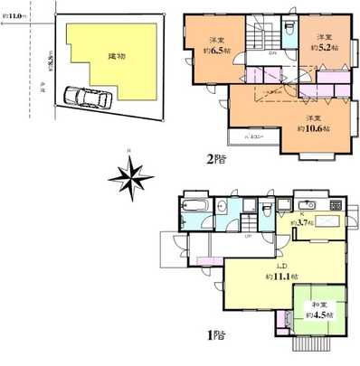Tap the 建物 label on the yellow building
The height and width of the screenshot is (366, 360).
pyautogui.click(x=117, y=57)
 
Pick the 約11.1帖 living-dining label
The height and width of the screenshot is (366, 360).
pyautogui.click(x=278, y=272)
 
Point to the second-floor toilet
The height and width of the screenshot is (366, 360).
pyautogui.click(x=289, y=30)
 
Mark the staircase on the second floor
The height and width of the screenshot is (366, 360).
pyautogui.click(x=262, y=38)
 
